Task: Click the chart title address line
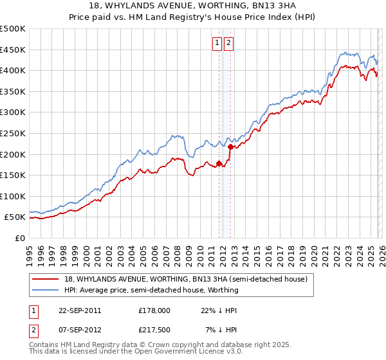coord(192,6)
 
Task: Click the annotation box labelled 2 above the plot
coord(228,43)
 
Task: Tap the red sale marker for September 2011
coord(219,163)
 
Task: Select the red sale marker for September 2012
coord(230,147)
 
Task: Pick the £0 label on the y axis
coord(19,238)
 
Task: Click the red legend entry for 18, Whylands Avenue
coord(186,279)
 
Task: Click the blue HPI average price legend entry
coord(151,290)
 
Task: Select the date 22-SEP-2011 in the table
coord(80,310)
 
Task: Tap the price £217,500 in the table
coord(154,330)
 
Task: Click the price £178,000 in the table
coord(154,310)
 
